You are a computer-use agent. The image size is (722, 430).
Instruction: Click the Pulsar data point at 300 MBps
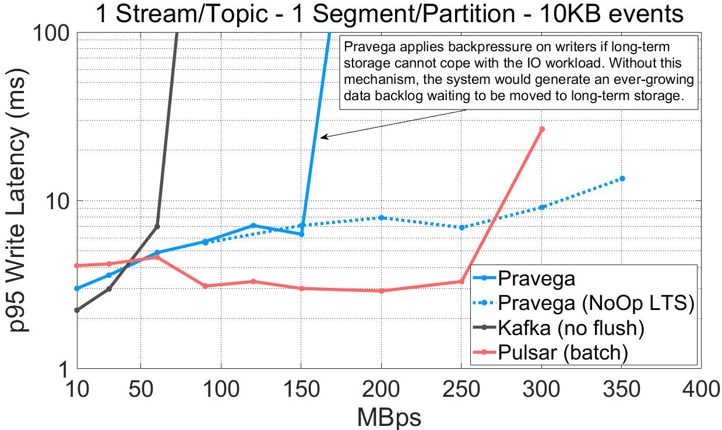coord(542,129)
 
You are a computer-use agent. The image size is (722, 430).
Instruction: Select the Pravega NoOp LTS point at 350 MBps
coord(622,178)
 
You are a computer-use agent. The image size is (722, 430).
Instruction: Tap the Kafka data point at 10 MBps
coord(77,310)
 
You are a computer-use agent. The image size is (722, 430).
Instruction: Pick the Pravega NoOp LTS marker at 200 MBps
coord(381,217)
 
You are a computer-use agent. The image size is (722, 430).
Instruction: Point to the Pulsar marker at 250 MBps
coord(462,281)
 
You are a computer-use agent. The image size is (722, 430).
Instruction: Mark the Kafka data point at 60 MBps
coord(157,226)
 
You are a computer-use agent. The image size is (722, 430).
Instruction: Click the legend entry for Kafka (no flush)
coord(570,328)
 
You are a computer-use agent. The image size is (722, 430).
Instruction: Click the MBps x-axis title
coord(389,417)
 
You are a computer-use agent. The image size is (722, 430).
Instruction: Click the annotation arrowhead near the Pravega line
coord(322,138)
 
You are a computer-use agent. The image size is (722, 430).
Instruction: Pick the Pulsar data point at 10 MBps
coord(77,266)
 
